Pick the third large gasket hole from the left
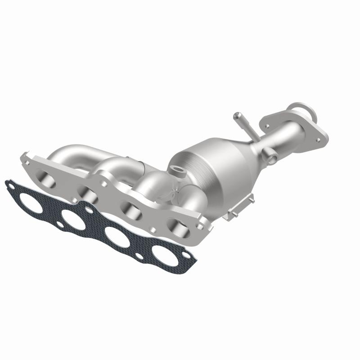tap(117, 237)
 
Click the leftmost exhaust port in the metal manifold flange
tap(47, 178)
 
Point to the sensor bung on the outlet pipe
tap(271, 156)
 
